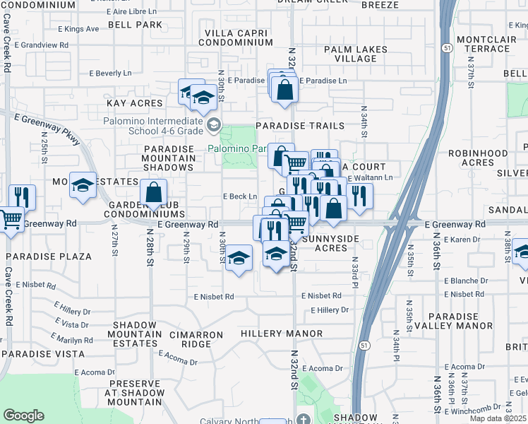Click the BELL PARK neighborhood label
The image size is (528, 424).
click(135, 25)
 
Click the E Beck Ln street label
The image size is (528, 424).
click(239, 196)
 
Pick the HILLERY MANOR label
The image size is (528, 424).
click(282, 334)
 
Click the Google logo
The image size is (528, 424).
click(24, 415)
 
